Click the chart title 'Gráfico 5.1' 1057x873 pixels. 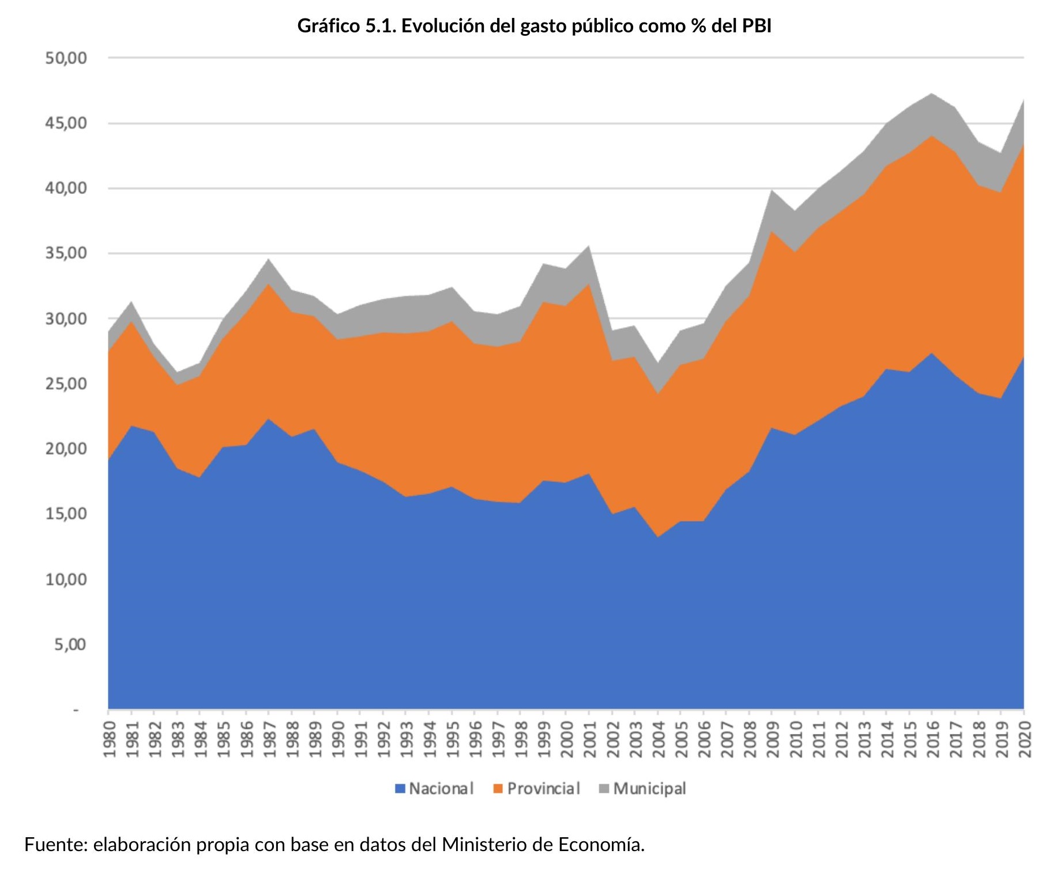[346, 26]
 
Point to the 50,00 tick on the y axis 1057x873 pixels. [66, 58]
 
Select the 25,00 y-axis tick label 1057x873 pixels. [66, 384]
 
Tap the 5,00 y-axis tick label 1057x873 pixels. [70, 645]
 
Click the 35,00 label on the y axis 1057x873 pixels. [66, 253]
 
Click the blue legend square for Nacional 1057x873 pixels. [400, 789]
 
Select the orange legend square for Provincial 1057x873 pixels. [498, 789]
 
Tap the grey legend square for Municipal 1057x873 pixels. [604, 789]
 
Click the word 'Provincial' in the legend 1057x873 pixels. [543, 789]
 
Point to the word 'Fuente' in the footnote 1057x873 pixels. [55, 845]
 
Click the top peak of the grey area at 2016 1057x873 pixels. [932, 93]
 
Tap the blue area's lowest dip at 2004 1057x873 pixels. [658, 538]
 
